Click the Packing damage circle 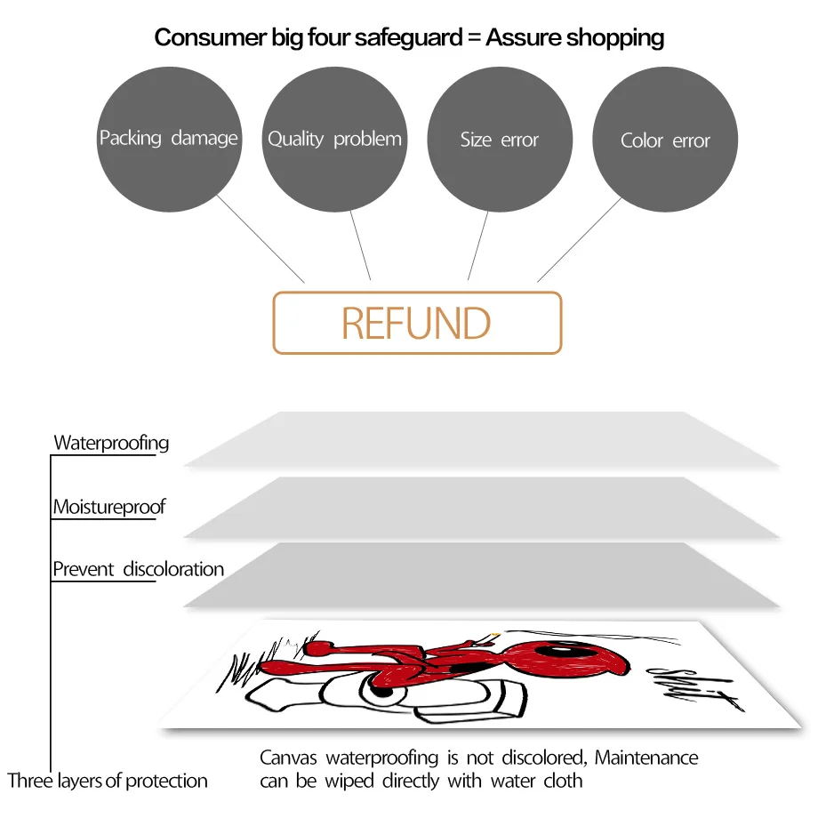(x=169, y=139)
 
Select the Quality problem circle (x=334, y=139)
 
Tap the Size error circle (x=500, y=139)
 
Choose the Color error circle (x=665, y=140)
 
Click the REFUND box (x=417, y=323)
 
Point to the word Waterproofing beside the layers (x=111, y=443)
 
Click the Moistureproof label (x=109, y=508)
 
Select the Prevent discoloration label (x=138, y=569)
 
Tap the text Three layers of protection (x=108, y=782)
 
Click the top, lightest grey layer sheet (x=480, y=439)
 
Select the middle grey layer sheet (x=480, y=507)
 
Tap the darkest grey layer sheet (x=480, y=575)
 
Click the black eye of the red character (x=576, y=659)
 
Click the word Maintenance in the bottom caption (x=646, y=758)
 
